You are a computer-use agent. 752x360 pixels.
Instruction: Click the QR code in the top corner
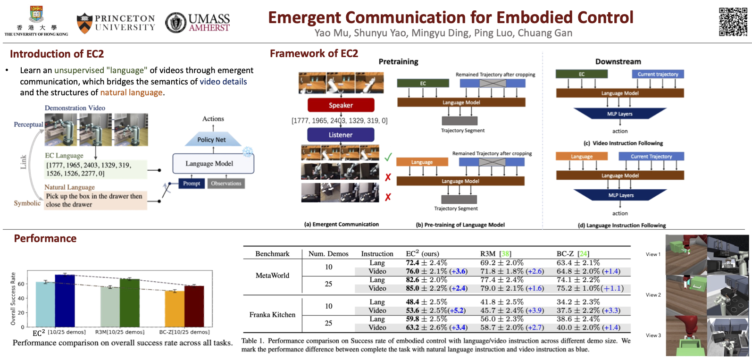[x=733, y=22]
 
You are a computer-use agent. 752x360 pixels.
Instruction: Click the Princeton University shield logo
[x=84, y=23]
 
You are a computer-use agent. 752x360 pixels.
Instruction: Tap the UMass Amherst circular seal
[x=175, y=23]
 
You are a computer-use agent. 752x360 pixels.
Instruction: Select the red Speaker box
[x=341, y=105]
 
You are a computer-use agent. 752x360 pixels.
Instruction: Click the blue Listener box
[x=341, y=135]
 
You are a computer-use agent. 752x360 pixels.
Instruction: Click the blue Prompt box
[x=192, y=184]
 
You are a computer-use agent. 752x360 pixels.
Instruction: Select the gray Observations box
[x=226, y=184]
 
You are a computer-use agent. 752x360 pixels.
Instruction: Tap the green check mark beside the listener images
[x=388, y=157]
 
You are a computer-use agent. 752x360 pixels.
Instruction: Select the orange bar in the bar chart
[x=175, y=309]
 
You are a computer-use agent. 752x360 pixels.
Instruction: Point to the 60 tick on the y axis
[x=21, y=284]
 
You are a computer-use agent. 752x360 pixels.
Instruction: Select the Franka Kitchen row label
[x=272, y=315]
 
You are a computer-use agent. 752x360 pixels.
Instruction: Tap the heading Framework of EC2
[x=314, y=54]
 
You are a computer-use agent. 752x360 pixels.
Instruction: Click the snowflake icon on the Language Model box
[x=247, y=152]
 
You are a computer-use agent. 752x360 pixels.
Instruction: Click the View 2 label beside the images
[x=653, y=295]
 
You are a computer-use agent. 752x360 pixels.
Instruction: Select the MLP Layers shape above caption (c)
[x=620, y=114]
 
